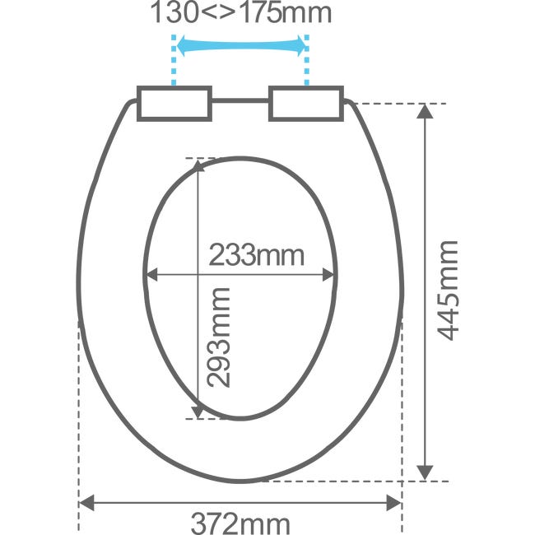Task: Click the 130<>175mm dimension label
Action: tap(241, 12)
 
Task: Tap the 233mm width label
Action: tap(256, 255)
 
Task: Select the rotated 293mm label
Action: tap(219, 337)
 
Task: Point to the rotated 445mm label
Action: tap(447, 291)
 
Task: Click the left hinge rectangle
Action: tap(174, 104)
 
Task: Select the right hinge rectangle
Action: tap(306, 104)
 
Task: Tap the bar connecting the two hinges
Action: tap(240, 100)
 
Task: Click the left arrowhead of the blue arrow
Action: tap(182, 45)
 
